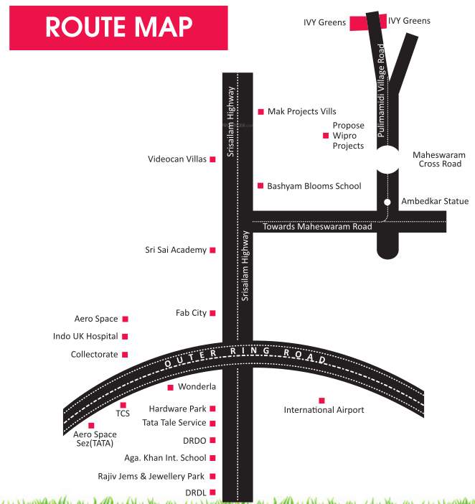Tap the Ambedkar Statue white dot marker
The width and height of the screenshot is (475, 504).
click(387, 202)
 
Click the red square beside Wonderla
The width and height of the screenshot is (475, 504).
click(170, 388)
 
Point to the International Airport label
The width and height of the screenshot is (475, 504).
click(324, 410)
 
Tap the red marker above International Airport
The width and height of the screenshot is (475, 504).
click(321, 400)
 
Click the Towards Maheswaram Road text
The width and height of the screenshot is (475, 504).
click(317, 227)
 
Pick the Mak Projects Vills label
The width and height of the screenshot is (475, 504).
click(301, 112)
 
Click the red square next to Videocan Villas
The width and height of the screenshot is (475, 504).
click(212, 159)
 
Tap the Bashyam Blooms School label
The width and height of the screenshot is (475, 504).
click(314, 186)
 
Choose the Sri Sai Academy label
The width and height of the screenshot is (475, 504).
click(176, 250)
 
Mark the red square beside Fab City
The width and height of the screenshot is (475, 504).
click(212, 313)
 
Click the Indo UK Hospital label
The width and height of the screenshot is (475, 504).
click(85, 336)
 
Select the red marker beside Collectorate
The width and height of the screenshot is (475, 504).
click(125, 354)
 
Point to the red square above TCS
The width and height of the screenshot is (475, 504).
click(123, 405)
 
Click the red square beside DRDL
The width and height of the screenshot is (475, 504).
click(212, 493)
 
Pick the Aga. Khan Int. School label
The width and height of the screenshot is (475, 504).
click(165, 458)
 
